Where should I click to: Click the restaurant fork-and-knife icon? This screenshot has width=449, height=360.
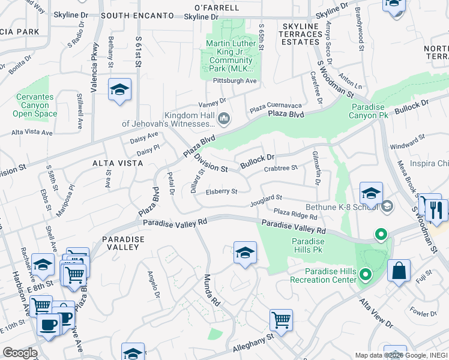click(436, 210)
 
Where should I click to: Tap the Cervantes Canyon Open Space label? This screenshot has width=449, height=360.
click(34, 105)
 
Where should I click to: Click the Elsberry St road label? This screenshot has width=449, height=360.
click(222, 192)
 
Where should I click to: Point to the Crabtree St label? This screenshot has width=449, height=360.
click(282, 168)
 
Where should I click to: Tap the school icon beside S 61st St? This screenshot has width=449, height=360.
click(120, 90)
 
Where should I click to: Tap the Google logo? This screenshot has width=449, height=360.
click(19, 353)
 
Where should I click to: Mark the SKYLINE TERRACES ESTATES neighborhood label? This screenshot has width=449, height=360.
click(301, 34)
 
